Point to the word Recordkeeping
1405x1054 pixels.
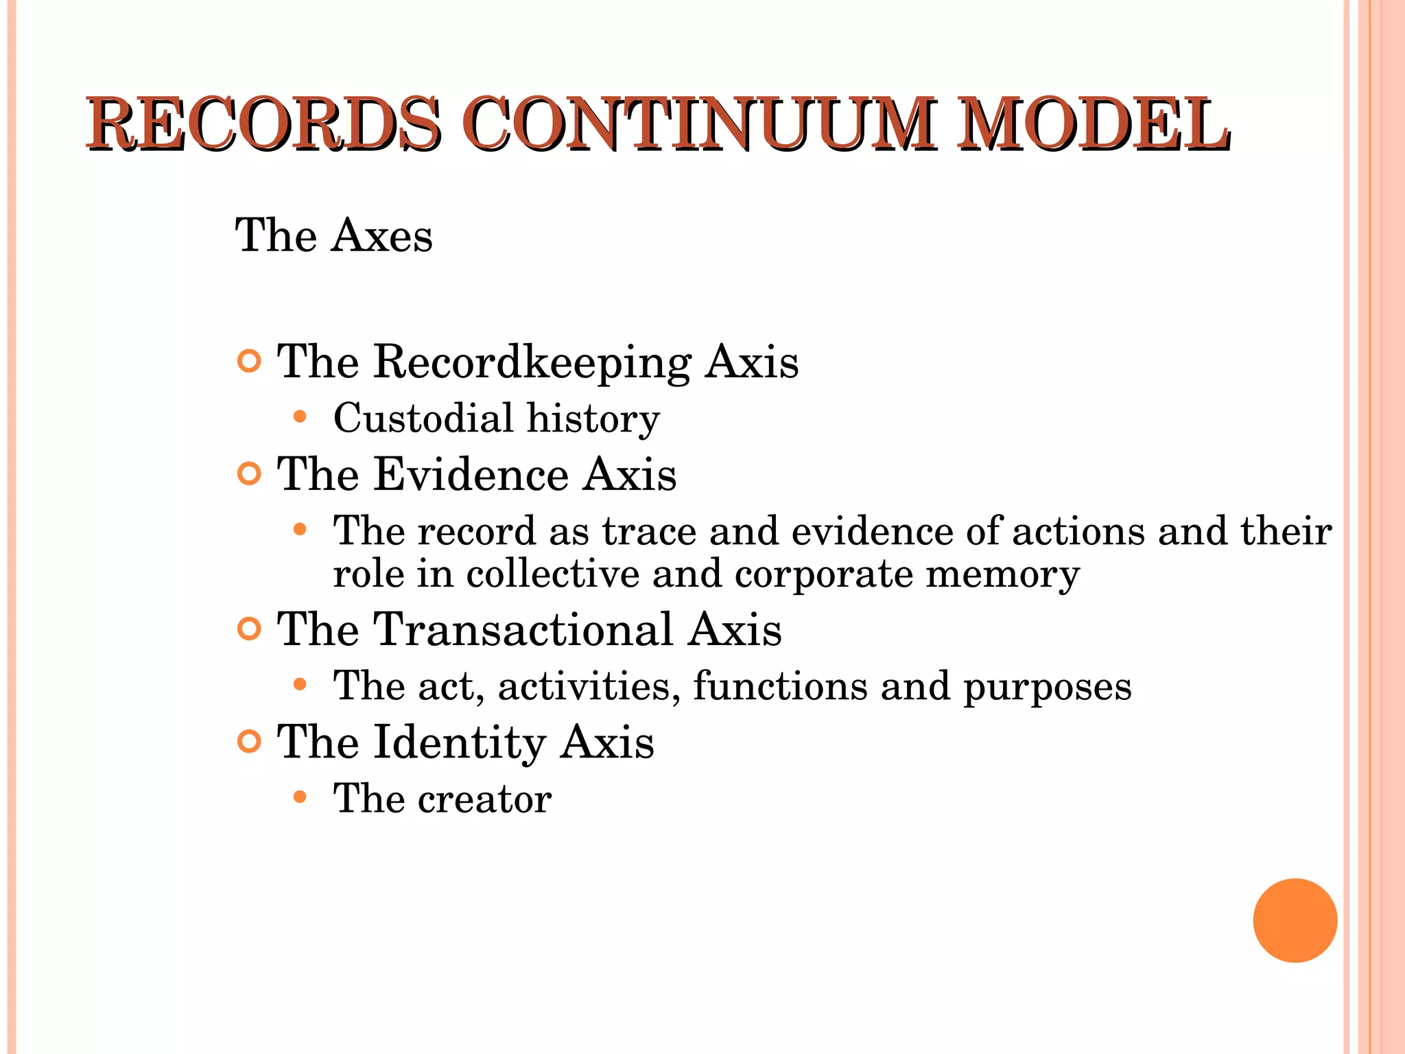(x=532, y=362)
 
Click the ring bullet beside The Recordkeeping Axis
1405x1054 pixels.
(x=249, y=361)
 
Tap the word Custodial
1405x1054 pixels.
(x=423, y=418)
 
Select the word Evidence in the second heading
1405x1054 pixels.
(x=471, y=474)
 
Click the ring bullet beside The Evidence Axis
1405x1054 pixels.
(x=249, y=473)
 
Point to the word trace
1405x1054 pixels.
(x=648, y=531)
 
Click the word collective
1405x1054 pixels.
(x=552, y=574)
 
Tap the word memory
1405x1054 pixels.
(x=1002, y=575)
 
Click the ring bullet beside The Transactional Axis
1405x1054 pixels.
(x=249, y=629)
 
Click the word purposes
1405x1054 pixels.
(x=1047, y=688)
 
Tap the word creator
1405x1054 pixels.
(x=484, y=799)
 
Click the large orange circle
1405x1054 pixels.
(x=1295, y=920)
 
